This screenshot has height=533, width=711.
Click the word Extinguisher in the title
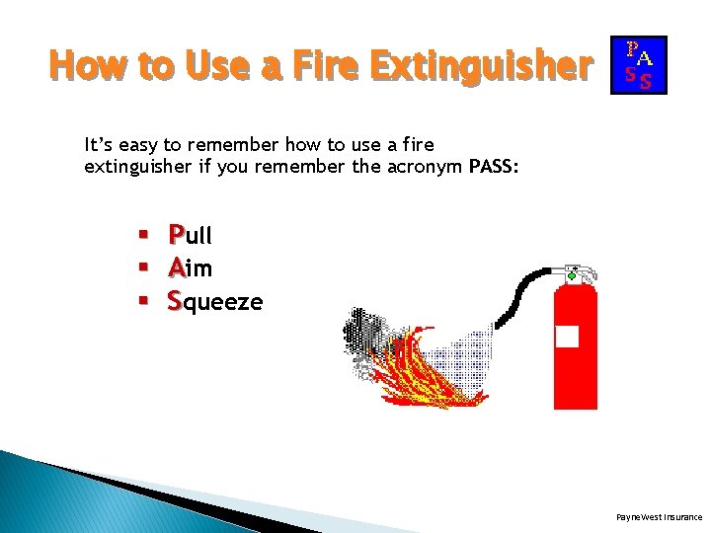tap(483, 66)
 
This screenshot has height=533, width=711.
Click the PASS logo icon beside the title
tap(639, 65)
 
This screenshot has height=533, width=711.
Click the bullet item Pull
tap(190, 235)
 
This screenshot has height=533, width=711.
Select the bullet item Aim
tap(190, 267)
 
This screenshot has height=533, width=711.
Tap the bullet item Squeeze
tap(214, 301)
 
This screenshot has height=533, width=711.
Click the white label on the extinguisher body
tap(567, 337)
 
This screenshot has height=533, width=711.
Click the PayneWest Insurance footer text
tap(659, 516)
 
